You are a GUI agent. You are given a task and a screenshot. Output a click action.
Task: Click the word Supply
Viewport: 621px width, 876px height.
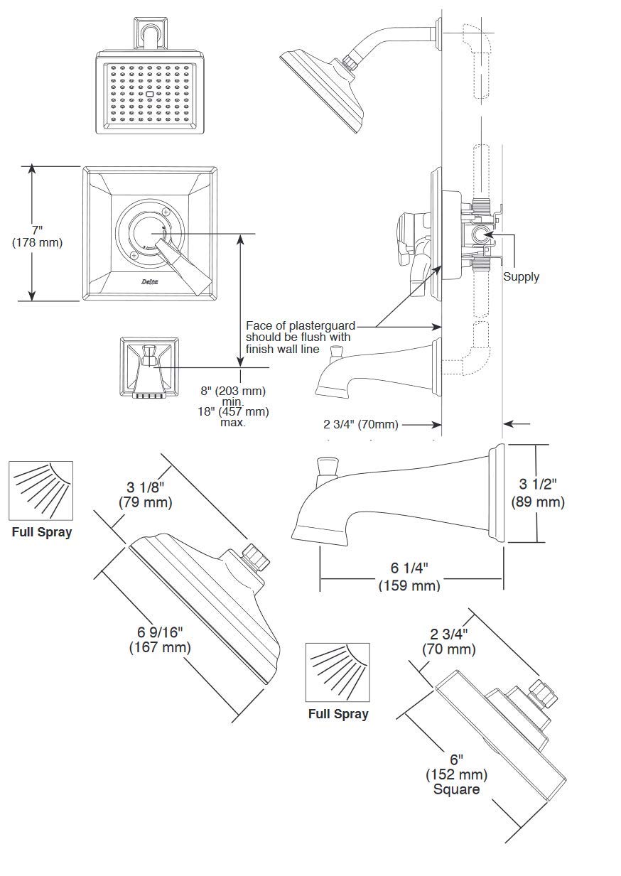[x=521, y=277]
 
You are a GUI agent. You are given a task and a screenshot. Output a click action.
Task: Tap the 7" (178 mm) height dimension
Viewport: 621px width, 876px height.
[x=37, y=236]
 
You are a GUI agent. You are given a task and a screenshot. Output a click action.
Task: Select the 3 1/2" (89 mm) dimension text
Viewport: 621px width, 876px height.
[x=538, y=493]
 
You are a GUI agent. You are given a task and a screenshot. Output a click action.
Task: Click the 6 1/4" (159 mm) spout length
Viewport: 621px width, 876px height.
[x=409, y=576]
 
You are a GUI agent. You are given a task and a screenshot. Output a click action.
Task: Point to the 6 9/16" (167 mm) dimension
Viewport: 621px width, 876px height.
[x=160, y=639]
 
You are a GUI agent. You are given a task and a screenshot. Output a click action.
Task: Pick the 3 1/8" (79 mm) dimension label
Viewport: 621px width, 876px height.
[x=146, y=494]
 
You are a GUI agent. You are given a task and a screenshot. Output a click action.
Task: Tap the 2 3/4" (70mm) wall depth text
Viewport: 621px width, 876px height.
[x=360, y=424]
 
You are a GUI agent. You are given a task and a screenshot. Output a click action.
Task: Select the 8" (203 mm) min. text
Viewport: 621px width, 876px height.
[x=233, y=396]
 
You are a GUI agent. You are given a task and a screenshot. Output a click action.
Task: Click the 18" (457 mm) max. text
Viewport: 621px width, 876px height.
[x=234, y=417]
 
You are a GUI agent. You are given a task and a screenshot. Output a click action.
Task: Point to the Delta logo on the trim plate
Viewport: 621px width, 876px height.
[x=150, y=281]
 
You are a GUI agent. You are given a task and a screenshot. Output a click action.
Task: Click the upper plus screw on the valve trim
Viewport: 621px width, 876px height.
[x=166, y=212]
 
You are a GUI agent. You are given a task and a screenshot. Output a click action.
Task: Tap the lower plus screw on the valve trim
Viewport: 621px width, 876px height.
[x=134, y=255]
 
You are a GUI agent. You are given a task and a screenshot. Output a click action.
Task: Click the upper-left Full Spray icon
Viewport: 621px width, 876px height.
[x=41, y=491]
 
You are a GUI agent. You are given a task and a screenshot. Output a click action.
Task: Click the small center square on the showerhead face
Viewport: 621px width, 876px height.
[x=150, y=94]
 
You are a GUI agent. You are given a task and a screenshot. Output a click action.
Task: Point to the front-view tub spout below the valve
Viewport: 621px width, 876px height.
[x=150, y=367]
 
